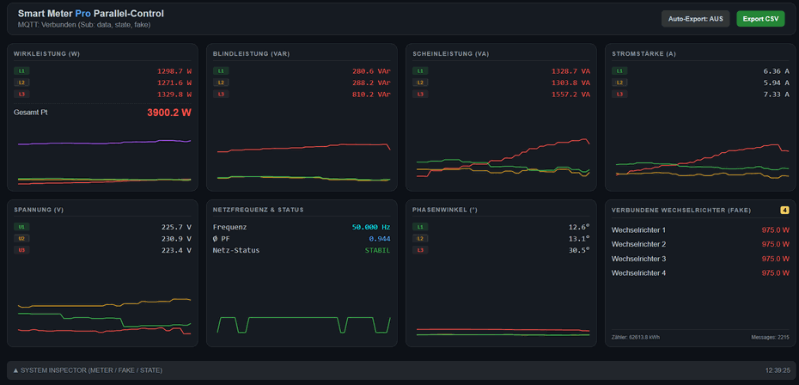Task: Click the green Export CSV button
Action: coord(760,19)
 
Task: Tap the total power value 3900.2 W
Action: coord(168,113)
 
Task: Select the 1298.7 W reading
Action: coord(174,71)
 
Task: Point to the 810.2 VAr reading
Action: coord(371,94)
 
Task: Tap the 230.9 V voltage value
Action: coord(175,239)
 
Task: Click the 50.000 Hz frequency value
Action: coord(370,227)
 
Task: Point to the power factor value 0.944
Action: coord(379,239)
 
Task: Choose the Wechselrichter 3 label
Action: coord(638,259)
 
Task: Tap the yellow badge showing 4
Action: coord(784,210)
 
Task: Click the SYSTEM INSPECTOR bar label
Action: coord(90,370)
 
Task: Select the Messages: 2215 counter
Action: coord(770,337)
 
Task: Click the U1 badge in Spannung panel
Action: coord(21,227)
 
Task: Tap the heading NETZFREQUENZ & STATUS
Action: coord(258,210)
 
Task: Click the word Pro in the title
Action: coord(82,14)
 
